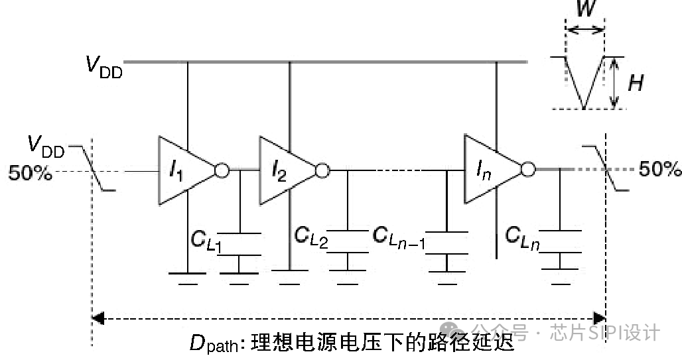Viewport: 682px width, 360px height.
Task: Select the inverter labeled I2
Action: point(281,171)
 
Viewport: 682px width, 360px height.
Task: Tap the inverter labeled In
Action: point(488,170)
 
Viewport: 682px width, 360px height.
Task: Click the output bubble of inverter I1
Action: point(222,171)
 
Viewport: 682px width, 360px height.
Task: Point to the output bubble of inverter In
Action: point(527,170)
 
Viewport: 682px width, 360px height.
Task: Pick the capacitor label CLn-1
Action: point(399,237)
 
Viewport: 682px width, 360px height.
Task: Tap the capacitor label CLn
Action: point(522,237)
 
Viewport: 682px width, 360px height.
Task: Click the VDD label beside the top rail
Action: point(103,66)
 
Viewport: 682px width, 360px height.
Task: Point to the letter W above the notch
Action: point(584,11)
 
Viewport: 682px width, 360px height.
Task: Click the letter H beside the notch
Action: point(636,84)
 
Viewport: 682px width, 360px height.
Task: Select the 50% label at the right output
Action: point(659,170)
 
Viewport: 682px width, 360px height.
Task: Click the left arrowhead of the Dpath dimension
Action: point(98,319)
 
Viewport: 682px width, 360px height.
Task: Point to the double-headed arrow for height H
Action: point(615,83)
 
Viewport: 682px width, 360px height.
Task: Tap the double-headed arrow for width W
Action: point(584,30)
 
